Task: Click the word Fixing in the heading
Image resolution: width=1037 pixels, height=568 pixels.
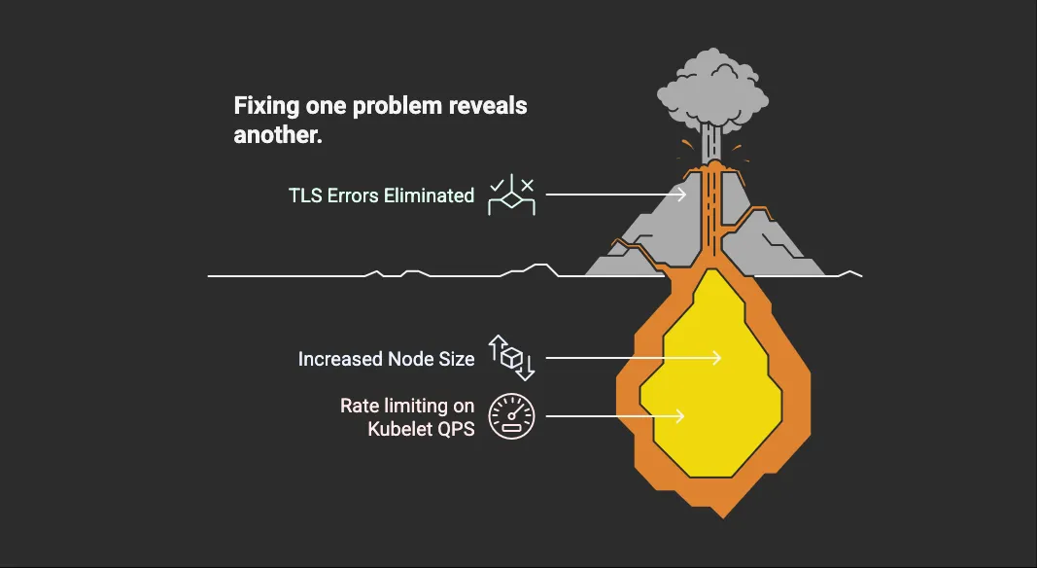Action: (266, 107)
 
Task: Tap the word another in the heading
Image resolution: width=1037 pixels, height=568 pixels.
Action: (278, 135)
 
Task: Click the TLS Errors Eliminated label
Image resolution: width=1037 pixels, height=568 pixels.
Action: (382, 195)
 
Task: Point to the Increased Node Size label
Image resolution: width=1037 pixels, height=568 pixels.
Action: (386, 359)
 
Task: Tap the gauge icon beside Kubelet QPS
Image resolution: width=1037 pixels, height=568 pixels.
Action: (511, 416)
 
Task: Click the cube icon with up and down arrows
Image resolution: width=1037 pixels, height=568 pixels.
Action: (511, 358)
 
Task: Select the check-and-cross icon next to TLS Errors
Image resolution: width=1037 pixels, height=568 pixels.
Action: (511, 195)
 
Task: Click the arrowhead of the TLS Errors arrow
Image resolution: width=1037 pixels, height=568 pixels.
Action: (681, 195)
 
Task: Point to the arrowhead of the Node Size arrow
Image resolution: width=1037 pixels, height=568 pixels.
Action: (716, 358)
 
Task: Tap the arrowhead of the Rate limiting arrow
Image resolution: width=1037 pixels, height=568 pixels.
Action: (679, 416)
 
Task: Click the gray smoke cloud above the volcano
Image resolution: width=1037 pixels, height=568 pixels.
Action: (712, 89)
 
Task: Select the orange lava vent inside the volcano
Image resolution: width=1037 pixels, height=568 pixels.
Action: (712, 212)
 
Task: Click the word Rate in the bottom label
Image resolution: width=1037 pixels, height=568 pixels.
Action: (358, 406)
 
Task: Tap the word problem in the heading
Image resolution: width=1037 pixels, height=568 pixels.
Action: (397, 107)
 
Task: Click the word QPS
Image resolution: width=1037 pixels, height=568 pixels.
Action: (455, 429)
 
